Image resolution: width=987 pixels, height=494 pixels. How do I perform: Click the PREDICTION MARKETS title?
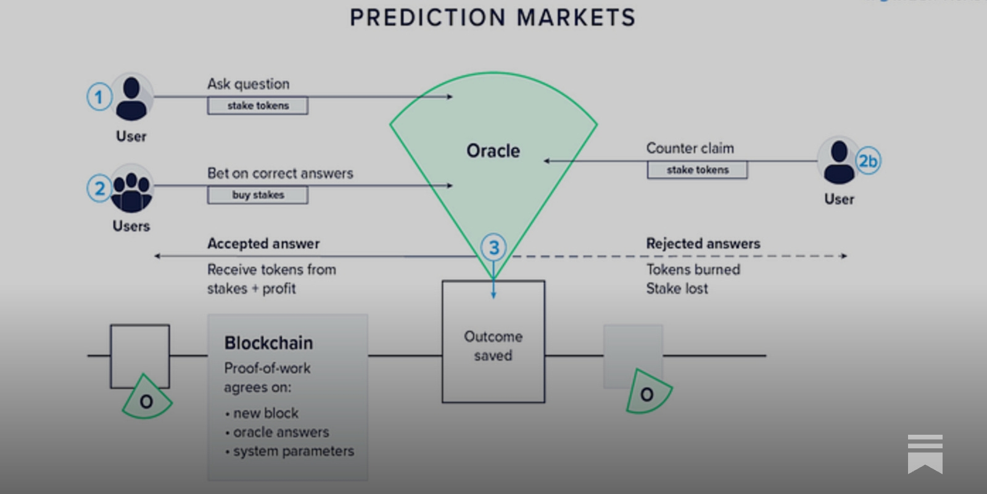492,17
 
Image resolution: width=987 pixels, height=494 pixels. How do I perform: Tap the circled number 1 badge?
99,97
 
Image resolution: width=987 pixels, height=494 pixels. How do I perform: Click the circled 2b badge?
868,161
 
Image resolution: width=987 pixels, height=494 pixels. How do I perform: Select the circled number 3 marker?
493,248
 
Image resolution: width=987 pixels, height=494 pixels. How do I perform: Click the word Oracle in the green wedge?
493,151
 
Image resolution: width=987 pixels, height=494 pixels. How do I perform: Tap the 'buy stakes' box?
258,195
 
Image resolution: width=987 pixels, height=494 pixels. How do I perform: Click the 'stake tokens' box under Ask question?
258,106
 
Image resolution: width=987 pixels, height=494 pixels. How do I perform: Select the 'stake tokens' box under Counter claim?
697,170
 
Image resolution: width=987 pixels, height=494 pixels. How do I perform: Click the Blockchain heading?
268,343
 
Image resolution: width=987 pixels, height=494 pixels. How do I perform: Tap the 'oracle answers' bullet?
281,432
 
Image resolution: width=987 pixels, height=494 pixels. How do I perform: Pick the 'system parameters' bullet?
293,451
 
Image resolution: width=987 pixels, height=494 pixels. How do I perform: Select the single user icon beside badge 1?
131,98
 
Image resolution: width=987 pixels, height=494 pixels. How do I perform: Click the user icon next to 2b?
839,162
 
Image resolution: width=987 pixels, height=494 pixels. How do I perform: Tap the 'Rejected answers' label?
703,243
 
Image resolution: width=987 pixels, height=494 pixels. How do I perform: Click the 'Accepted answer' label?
263,243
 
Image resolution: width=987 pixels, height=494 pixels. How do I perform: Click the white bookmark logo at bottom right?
925,454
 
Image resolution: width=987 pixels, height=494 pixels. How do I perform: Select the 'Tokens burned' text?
693,269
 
